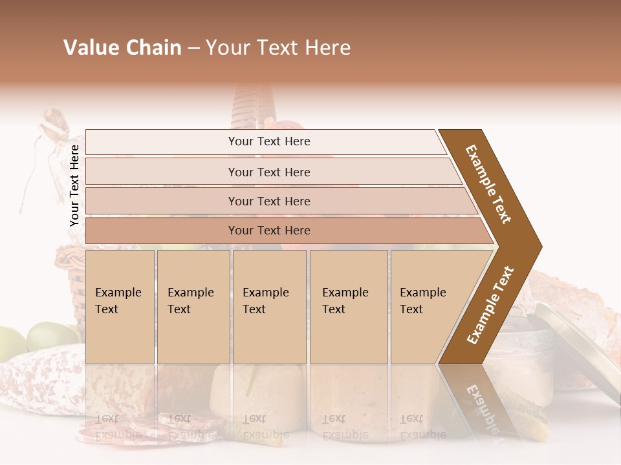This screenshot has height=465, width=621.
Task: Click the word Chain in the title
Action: click(153, 48)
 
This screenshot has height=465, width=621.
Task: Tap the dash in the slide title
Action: click(193, 48)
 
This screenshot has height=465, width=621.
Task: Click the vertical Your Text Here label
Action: click(74, 185)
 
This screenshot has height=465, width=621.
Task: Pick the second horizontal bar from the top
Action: click(268, 172)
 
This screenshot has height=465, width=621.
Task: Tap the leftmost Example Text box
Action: click(120, 307)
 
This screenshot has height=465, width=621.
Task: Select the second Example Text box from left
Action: click(193, 307)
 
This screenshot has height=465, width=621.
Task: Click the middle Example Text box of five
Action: click(269, 307)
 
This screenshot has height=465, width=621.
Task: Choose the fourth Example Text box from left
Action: click(349, 307)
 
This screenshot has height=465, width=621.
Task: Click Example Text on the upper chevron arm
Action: click(488, 183)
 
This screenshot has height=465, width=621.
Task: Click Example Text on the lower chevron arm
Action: click(490, 305)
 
